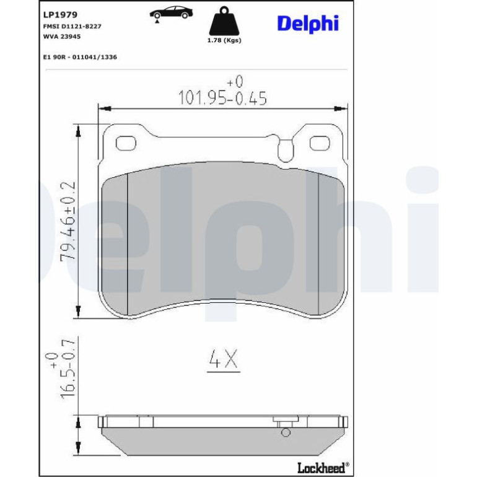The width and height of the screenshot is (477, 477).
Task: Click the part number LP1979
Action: pos(60,15)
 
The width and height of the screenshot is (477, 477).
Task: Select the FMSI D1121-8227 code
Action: pos(72,27)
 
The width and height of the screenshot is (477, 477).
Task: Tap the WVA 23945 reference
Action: pos(62,37)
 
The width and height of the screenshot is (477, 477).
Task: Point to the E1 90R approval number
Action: pos(80,57)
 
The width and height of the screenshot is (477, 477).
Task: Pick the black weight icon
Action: pos(224,20)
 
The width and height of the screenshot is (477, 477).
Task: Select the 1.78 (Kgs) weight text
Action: pos(224,40)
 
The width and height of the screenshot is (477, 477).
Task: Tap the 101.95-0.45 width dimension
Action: pos(222,98)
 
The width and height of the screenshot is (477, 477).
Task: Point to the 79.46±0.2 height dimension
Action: pos(68,221)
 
